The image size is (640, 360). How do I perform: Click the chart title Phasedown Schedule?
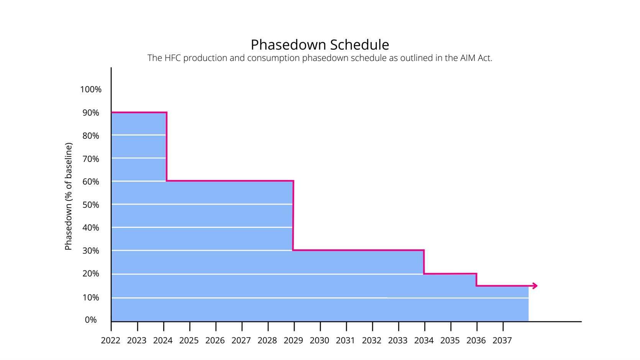tap(320, 45)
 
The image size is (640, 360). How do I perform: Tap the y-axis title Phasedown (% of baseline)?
tap(69, 196)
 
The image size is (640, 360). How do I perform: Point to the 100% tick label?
tap(91, 90)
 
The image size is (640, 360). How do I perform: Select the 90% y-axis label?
tap(91, 113)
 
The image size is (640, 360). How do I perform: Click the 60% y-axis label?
tap(91, 182)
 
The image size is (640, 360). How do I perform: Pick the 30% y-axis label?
tap(91, 251)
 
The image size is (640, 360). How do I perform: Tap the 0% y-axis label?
tap(91, 320)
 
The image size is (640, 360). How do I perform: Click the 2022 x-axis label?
tap(110, 340)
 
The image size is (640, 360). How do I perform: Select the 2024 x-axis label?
tap(163, 340)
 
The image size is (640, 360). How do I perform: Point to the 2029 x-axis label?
tap(293, 340)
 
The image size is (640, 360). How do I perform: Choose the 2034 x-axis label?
tap(424, 340)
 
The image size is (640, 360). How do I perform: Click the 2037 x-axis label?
tap(502, 340)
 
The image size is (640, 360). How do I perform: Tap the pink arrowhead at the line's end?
tap(535, 286)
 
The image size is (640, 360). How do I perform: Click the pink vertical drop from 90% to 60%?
tap(167, 147)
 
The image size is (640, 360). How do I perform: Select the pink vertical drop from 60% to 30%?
tap(293, 216)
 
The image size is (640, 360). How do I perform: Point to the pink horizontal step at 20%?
tap(450, 274)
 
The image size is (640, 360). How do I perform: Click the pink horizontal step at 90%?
tap(139, 112)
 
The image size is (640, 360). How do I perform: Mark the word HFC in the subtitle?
tap(172, 58)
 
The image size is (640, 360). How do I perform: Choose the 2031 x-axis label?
tap(345, 340)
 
